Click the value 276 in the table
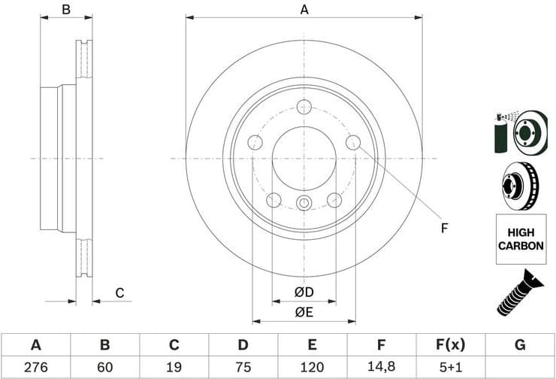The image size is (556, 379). point(35,368)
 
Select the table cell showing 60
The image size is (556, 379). point(105,368)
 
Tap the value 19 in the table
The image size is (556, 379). point(174,368)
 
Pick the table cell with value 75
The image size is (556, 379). point(243,368)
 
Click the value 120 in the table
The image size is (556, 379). point(312,368)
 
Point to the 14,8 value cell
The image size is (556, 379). point(381,368)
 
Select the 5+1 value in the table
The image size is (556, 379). point(450,368)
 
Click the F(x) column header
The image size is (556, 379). point(450,345)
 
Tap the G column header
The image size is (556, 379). point(520,345)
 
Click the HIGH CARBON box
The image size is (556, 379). point(520,239)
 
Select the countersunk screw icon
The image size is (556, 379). point(520,293)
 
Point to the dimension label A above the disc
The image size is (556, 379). point(304,10)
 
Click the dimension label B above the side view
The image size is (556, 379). point(66,10)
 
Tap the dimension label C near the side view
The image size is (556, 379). point(119,293)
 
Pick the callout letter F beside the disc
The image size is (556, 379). point(444,227)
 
